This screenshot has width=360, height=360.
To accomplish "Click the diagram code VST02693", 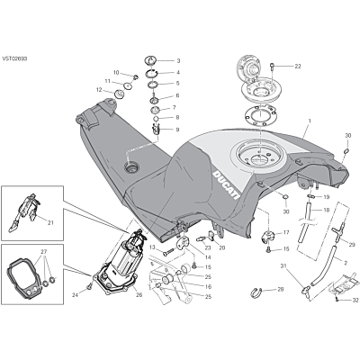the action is (14, 58).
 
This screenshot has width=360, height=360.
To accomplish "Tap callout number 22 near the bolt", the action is (297, 67).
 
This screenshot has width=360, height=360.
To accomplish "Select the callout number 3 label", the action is (178, 61).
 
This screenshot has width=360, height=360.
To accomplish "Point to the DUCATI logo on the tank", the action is (226, 185).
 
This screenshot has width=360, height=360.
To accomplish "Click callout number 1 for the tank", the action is (310, 121).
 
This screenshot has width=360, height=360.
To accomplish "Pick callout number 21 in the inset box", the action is (50, 222).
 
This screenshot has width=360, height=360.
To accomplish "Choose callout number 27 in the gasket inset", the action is (44, 251).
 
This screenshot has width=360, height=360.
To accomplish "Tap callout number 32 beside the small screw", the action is (355, 300).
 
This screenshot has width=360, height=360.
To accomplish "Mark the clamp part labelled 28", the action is (255, 292).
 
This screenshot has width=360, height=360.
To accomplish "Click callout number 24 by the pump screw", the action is (75, 295).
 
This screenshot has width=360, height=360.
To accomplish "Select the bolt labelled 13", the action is (168, 252).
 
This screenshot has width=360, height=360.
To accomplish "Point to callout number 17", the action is (286, 232).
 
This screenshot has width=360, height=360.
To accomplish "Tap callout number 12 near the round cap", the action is (99, 90).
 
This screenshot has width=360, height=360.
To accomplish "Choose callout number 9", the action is (177, 130).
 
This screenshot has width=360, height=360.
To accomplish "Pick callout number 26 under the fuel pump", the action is (139, 295).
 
